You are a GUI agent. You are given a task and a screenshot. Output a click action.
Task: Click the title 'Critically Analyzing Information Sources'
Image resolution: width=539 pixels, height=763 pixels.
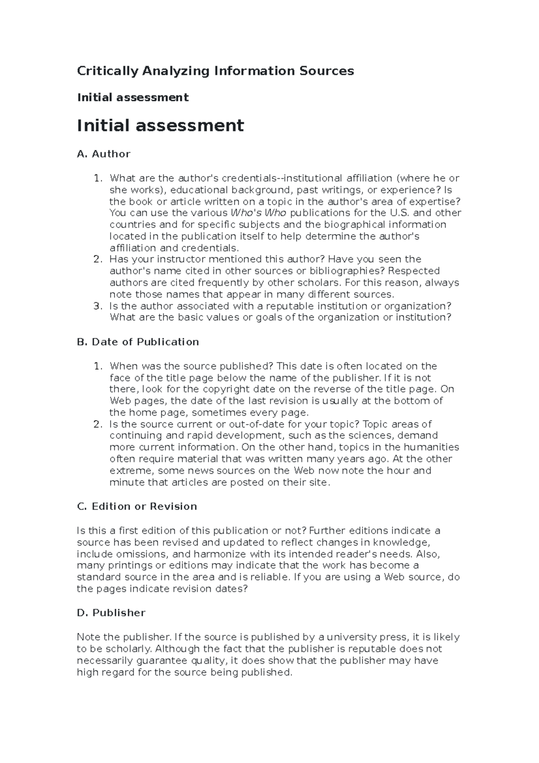[215, 71]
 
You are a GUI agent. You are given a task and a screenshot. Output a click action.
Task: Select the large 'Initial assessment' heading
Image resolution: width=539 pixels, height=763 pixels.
[160, 125]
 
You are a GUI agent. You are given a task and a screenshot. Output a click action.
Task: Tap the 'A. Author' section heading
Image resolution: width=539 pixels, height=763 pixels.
[103, 154]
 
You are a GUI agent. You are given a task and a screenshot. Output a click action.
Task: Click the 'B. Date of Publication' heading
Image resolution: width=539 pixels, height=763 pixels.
[138, 342]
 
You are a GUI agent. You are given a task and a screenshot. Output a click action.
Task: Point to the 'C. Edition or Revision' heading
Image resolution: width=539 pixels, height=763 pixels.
[137, 506]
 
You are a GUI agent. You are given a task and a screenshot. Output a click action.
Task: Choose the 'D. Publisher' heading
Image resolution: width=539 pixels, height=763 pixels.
[111, 613]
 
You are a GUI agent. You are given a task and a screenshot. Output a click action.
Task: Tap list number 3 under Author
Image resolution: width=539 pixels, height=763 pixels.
[97, 306]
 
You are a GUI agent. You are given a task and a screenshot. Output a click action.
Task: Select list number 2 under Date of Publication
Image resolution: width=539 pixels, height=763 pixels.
[97, 424]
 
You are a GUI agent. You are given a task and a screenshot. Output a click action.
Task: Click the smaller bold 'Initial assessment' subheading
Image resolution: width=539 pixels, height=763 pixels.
[133, 98]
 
